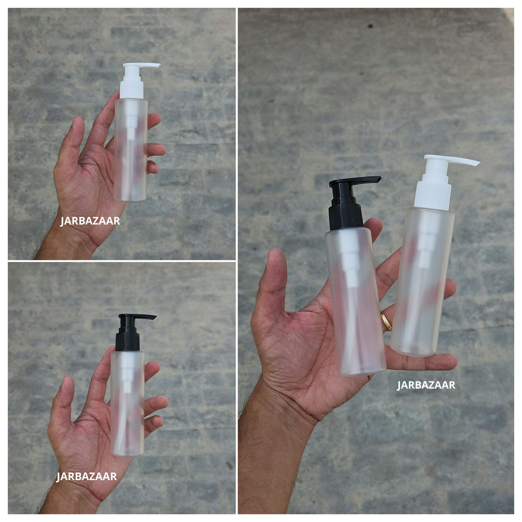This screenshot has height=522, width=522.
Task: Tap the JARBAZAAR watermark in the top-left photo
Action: click(x=89, y=221)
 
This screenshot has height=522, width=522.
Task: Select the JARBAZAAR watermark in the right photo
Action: click(x=426, y=385)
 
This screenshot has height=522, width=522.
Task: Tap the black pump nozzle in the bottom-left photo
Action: click(x=137, y=317)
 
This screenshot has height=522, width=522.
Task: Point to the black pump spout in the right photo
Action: click(x=355, y=181)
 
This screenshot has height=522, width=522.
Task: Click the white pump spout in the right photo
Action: click(x=452, y=160)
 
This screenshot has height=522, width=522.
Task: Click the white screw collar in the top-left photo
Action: click(x=131, y=89)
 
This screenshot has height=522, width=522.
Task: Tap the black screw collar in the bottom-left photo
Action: click(x=128, y=341)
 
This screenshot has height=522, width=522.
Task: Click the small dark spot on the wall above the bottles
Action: click(x=370, y=26)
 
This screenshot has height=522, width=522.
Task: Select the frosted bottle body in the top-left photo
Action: click(x=131, y=150)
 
